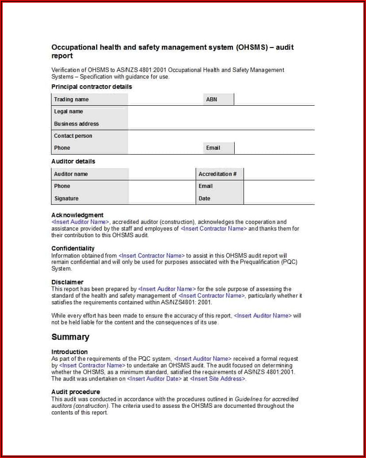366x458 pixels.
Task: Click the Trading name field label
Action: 71,100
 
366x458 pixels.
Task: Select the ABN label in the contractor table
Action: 212,100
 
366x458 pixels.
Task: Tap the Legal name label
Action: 68,112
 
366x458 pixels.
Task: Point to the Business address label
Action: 76,124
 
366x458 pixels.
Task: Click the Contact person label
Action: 73,136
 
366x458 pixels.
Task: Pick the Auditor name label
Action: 71,174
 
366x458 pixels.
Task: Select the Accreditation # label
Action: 217,174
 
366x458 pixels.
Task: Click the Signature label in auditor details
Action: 66,199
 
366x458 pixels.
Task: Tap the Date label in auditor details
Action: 205,199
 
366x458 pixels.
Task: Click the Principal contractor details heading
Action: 92,87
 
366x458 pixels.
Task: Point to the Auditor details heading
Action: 73,161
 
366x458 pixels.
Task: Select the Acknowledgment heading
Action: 77,215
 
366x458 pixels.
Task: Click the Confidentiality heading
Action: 73,248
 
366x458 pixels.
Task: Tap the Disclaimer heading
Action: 67,282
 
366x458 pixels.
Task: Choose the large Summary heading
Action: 70,337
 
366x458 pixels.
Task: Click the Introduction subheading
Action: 70,352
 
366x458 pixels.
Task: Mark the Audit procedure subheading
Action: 75,392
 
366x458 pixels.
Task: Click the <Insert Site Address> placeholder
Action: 217,379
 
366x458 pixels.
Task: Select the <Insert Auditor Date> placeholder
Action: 154,379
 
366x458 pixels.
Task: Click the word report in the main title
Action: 62,56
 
